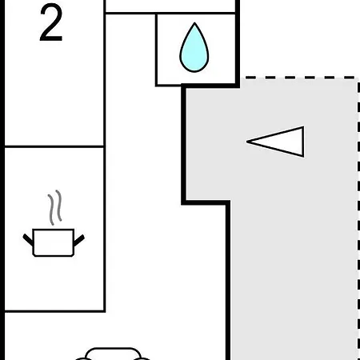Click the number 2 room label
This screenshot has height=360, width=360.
click(51, 23)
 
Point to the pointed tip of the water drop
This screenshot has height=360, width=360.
click(194, 23)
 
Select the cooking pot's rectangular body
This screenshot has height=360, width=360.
click(54, 242)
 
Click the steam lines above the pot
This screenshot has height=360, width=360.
click(55, 207)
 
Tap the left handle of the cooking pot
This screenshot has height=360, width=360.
click(28, 239)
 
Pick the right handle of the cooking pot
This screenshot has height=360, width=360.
click(79, 240)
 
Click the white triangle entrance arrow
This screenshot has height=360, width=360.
click(275, 142)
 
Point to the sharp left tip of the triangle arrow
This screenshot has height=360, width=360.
click(246, 142)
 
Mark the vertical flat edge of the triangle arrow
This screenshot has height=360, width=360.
click(303, 142)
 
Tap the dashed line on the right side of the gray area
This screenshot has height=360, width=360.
click(358, 218)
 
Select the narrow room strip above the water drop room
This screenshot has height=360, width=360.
click(170, 6)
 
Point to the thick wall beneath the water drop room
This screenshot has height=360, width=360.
click(210, 86)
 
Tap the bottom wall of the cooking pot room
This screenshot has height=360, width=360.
click(54, 311)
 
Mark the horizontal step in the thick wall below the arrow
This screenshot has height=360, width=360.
click(206, 202)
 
